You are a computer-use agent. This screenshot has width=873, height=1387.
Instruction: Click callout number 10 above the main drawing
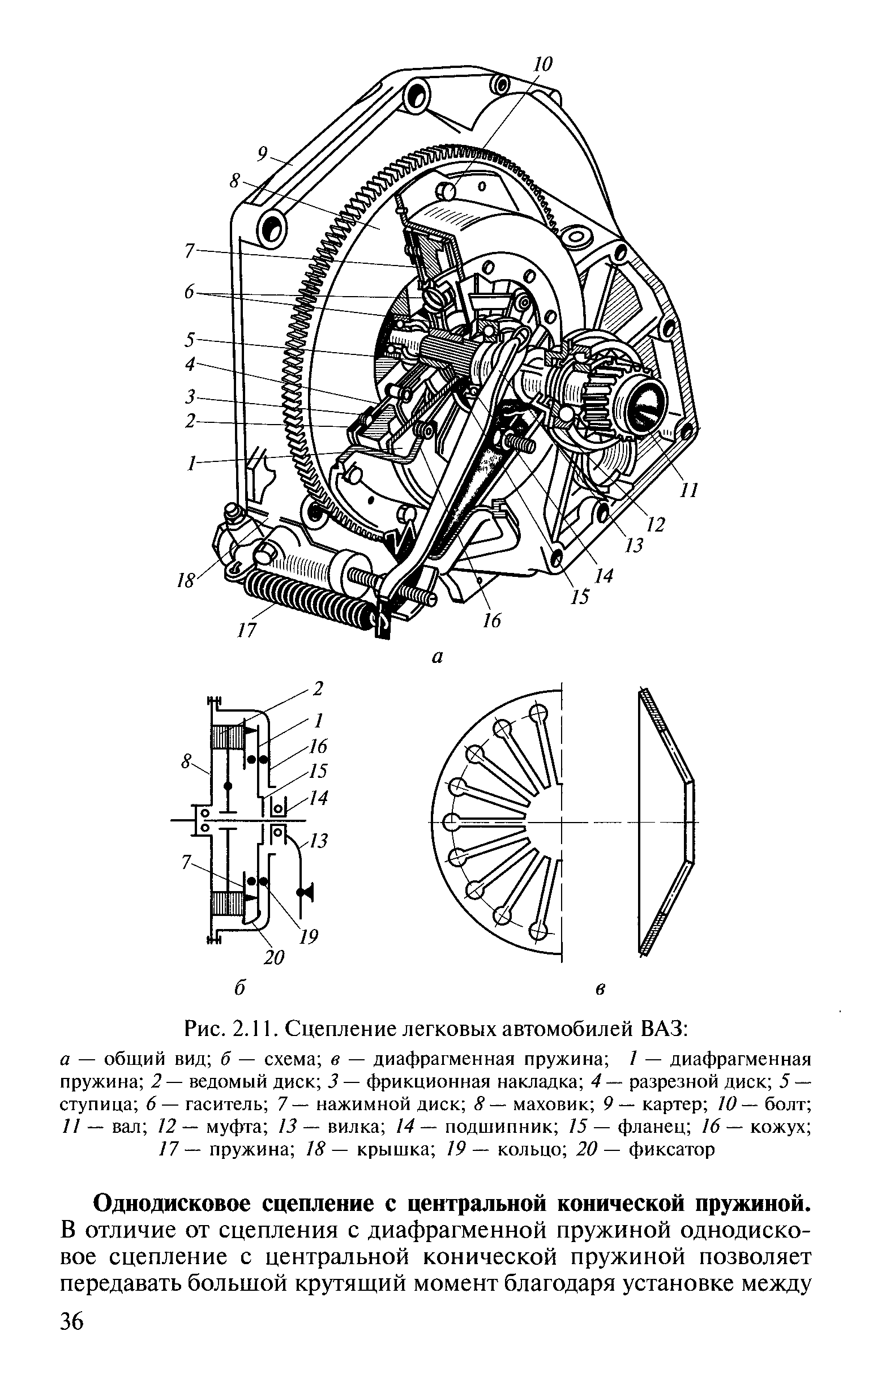click(541, 63)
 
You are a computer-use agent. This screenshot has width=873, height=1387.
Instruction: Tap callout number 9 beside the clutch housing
click(264, 154)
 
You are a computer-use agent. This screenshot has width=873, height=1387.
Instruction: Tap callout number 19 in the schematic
click(309, 937)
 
